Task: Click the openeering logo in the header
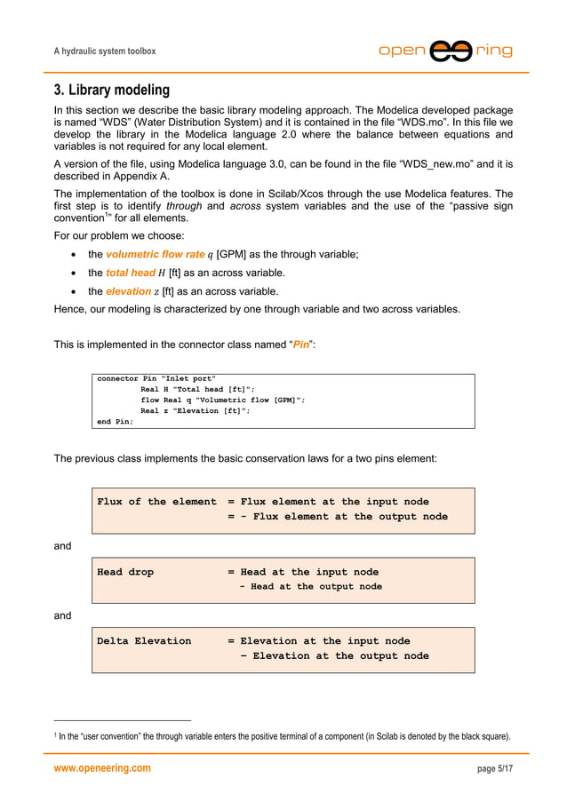[x=445, y=51]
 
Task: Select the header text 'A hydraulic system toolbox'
[x=105, y=52]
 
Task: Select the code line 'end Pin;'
[x=116, y=421]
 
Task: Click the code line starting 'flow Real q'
[x=222, y=400]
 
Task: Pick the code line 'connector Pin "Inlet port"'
[x=156, y=378]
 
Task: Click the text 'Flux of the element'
[x=156, y=502]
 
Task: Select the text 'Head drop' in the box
[x=125, y=572]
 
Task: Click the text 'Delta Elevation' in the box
[x=144, y=640]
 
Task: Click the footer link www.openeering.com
[x=102, y=768]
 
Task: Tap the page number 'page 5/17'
[x=495, y=768]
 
